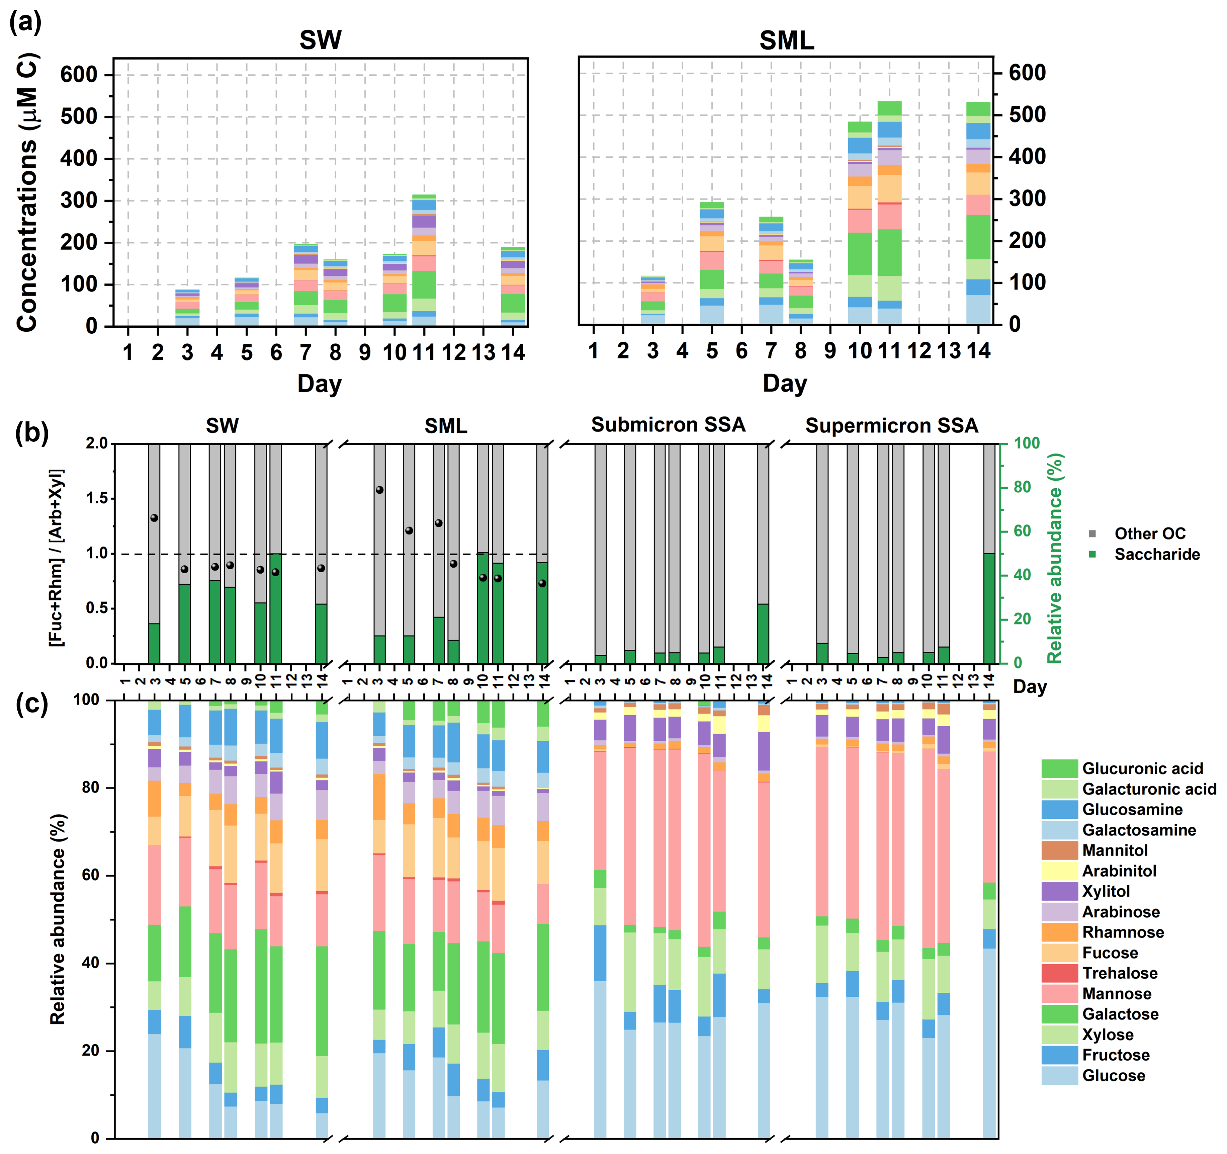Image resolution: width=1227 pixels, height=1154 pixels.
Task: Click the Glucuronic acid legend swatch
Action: pyautogui.click(x=1059, y=769)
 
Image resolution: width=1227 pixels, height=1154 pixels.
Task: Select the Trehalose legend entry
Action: pyautogui.click(x=1120, y=973)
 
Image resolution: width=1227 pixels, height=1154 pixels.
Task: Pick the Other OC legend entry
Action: pyautogui.click(x=1149, y=533)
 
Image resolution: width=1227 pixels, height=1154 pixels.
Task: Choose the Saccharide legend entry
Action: pyautogui.click(x=1157, y=555)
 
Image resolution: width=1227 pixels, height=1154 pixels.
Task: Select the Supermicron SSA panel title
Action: pyautogui.click(x=891, y=425)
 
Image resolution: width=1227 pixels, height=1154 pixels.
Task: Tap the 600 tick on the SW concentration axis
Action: pyautogui.click(x=79, y=75)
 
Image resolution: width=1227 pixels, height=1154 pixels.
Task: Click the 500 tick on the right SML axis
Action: pyautogui.click(x=1027, y=115)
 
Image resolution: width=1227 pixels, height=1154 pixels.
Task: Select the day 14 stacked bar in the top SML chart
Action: pyautogui.click(x=978, y=213)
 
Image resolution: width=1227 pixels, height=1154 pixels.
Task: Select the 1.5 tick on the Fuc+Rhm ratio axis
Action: pyautogui.click(x=96, y=498)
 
